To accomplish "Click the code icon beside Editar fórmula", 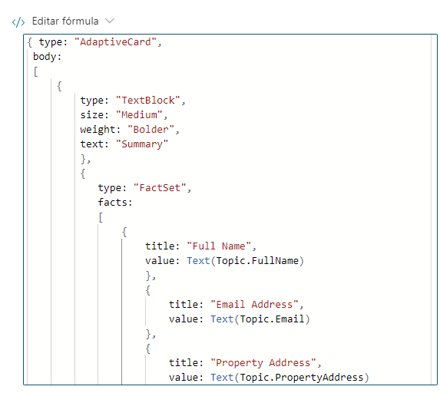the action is coord(18,22).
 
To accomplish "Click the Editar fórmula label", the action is coord(65,21).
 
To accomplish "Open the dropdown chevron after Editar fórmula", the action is coord(110,21).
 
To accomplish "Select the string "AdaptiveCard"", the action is coord(115,42).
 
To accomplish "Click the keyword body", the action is coord(45,57).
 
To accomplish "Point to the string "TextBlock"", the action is coord(148,101).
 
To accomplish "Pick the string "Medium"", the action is coord(139,115).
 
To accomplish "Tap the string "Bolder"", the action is coord(151,130).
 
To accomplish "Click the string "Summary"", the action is coord(142,144).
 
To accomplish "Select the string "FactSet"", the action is coord(160,188).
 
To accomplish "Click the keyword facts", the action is coord(112,203).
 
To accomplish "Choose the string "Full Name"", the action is coord(219,246).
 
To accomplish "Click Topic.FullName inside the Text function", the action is coord(257,261).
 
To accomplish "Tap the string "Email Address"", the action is coord(254,305).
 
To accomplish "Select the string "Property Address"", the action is coord(263,363).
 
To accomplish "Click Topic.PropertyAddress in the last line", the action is coord(302,378).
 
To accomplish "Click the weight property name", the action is coord(98,130).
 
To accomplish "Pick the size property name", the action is coord(91,115).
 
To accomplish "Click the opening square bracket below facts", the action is coord(101,217).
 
